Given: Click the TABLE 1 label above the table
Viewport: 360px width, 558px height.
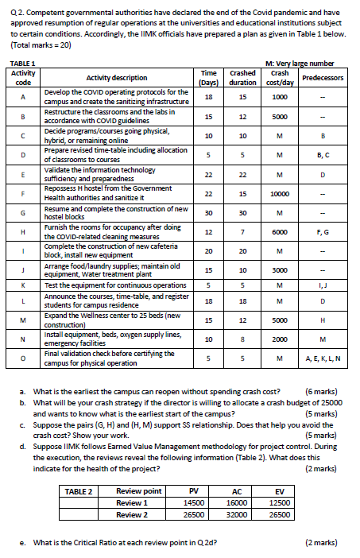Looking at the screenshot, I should point(22,63).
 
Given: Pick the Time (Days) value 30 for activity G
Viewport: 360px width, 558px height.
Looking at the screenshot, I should point(207,212).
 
